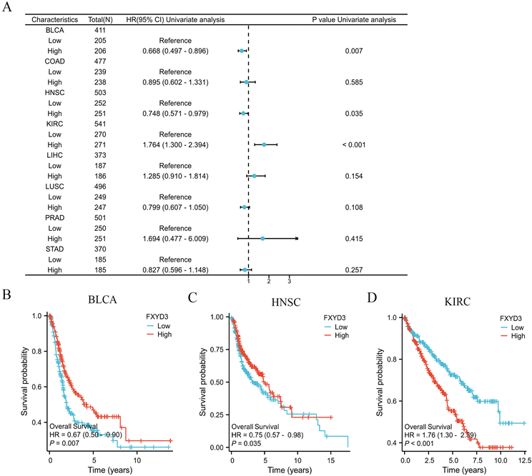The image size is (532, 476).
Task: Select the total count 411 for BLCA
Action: [x=101, y=31]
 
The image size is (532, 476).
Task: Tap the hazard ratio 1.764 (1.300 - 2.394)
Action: [x=165, y=144]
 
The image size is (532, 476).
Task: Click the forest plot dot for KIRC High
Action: [x=264, y=144]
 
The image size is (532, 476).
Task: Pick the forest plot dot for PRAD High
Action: [x=262, y=238]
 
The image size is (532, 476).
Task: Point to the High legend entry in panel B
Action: [x=165, y=333]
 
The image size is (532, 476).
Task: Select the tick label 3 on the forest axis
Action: [x=289, y=279]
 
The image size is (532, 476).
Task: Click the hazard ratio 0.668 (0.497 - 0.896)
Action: [x=165, y=51]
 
